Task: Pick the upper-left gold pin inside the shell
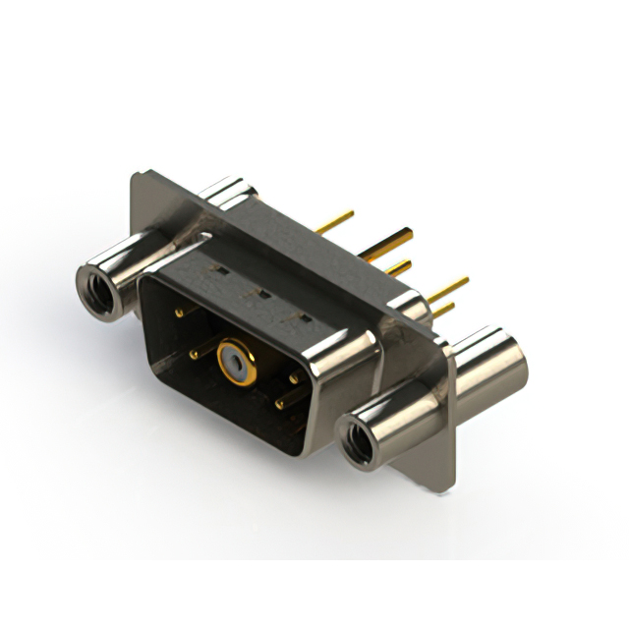[179, 313]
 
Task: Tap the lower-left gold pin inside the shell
[196, 354]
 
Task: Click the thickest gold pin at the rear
[388, 242]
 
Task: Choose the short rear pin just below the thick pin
[397, 267]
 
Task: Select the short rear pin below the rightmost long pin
[443, 311]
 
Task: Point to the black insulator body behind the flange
[295, 236]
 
